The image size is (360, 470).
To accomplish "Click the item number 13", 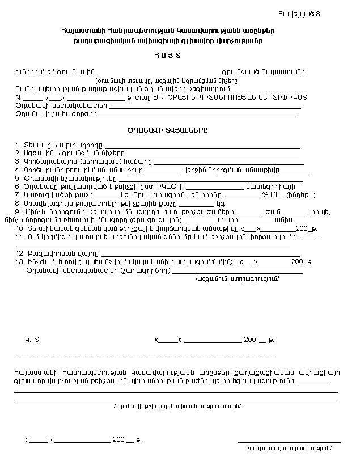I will (19, 262).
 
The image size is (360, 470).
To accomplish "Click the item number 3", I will (18, 162).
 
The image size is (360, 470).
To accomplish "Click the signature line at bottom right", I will (289, 441).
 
